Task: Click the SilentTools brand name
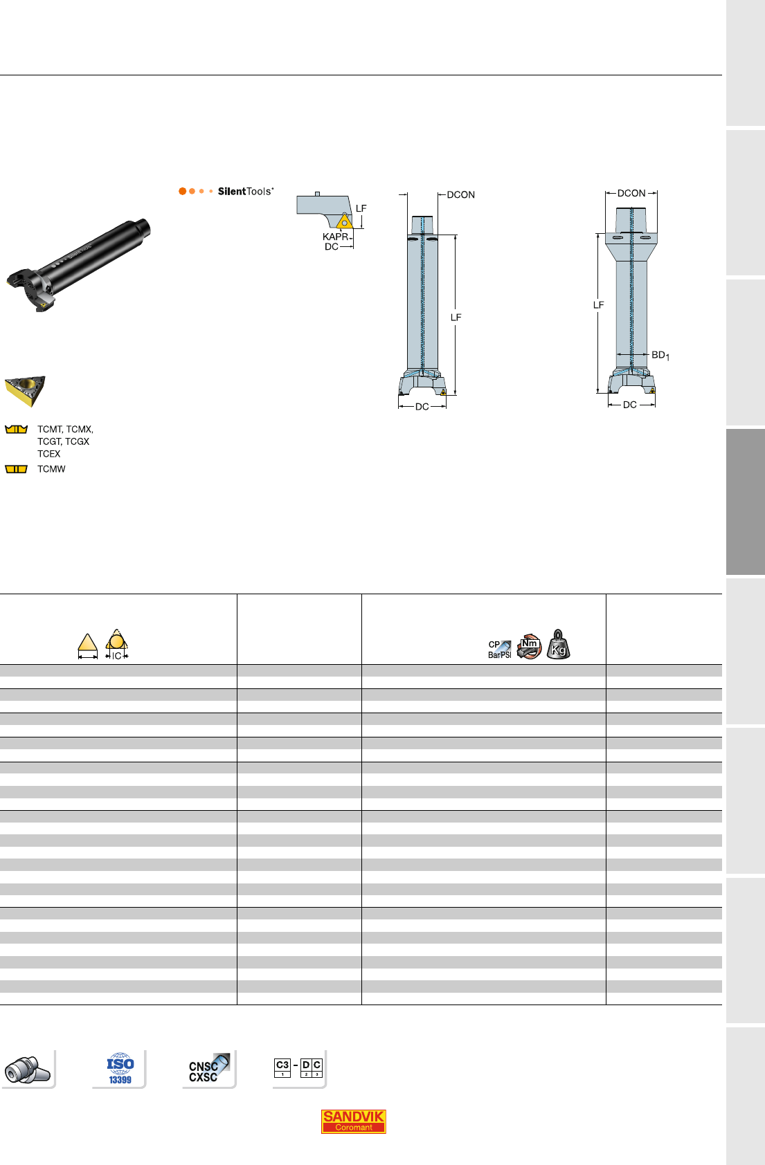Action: pyautogui.click(x=245, y=192)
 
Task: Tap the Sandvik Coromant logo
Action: pyautogui.click(x=353, y=1121)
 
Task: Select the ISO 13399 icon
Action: pyautogui.click(x=120, y=1069)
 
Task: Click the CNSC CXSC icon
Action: pyautogui.click(x=208, y=1069)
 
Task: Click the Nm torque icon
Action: pyautogui.click(x=529, y=646)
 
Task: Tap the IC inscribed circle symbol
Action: pyautogui.click(x=116, y=644)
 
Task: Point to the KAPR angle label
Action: pyautogui.click(x=335, y=237)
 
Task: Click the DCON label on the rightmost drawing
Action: pyautogui.click(x=631, y=193)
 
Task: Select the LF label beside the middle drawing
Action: pyautogui.click(x=456, y=318)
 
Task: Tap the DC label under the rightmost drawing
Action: pyautogui.click(x=630, y=405)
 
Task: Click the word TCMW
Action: pyautogui.click(x=51, y=469)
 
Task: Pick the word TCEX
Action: pyautogui.click(x=49, y=454)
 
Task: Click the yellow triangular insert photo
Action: pyautogui.click(x=26, y=390)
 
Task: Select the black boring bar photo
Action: pyautogui.click(x=78, y=265)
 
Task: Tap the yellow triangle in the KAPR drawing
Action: pyautogui.click(x=345, y=221)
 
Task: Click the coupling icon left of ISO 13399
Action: pyautogui.click(x=27, y=1070)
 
